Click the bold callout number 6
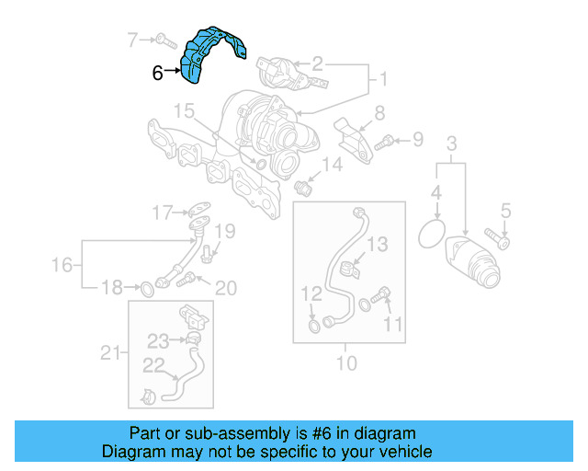click(157, 73)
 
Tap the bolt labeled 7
click(164, 40)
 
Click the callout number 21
click(109, 351)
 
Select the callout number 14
click(332, 166)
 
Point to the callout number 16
click(62, 266)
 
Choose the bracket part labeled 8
click(351, 137)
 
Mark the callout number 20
click(224, 289)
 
